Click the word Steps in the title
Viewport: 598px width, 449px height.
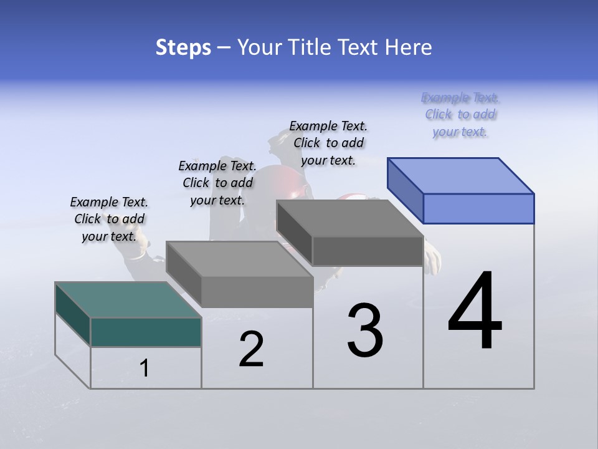coord(183,47)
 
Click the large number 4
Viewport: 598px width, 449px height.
coord(475,312)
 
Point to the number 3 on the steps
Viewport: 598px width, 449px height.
coord(365,331)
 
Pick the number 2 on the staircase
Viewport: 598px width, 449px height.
coord(251,350)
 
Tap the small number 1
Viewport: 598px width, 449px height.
coord(145,369)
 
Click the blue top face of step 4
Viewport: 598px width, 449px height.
coord(461,175)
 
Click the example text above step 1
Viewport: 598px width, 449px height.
coord(109,219)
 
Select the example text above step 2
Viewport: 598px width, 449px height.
coord(217,183)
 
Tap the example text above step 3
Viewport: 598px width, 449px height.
coord(328,143)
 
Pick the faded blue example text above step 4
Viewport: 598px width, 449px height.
coord(460,114)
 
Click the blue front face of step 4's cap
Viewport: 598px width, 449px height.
coord(478,208)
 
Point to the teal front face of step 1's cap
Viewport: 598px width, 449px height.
coord(146,332)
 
